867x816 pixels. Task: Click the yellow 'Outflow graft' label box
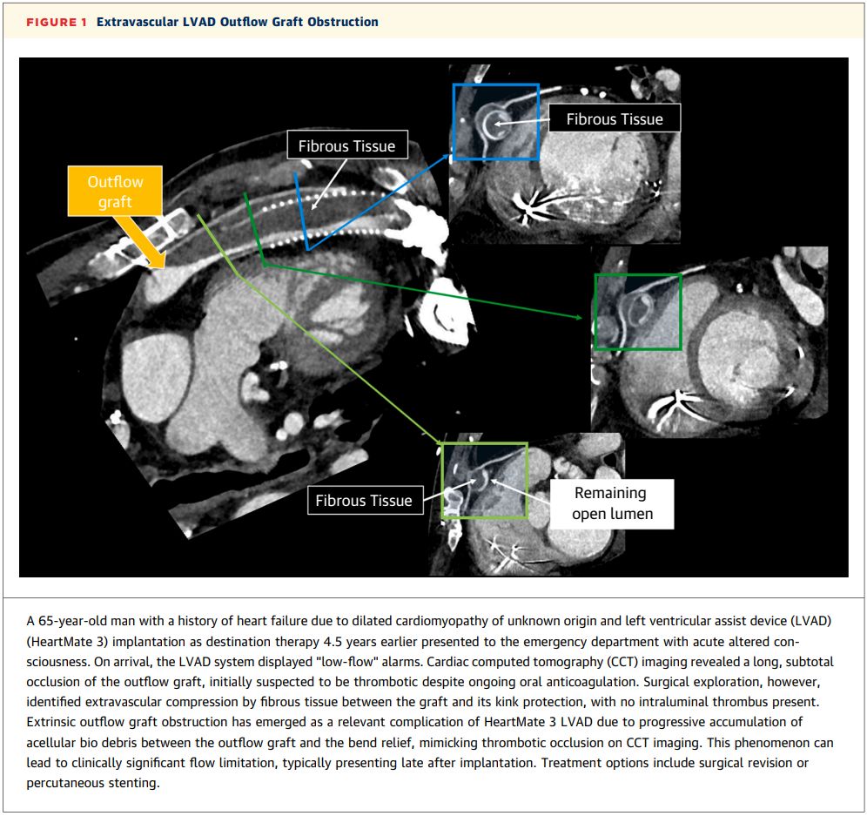[115, 192]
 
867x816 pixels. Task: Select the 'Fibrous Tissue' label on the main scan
[346, 145]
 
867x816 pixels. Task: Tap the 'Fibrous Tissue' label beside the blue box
[614, 119]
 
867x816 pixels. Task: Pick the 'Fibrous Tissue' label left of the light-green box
[363, 501]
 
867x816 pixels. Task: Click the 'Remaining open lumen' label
[611, 503]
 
